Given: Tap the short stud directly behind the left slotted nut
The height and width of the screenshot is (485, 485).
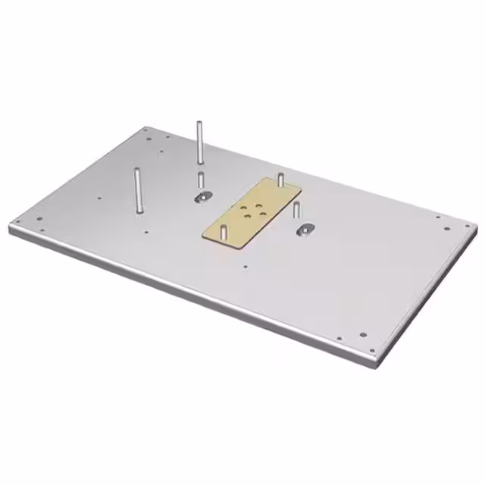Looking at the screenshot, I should [x=201, y=181].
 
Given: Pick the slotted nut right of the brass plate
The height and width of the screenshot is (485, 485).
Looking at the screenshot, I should [x=305, y=229].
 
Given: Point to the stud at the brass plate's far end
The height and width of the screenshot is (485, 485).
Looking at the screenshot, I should [x=280, y=179].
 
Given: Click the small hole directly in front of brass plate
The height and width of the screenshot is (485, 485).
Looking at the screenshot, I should [x=244, y=266].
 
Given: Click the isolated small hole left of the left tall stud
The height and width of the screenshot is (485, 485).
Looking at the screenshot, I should [x=99, y=199].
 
